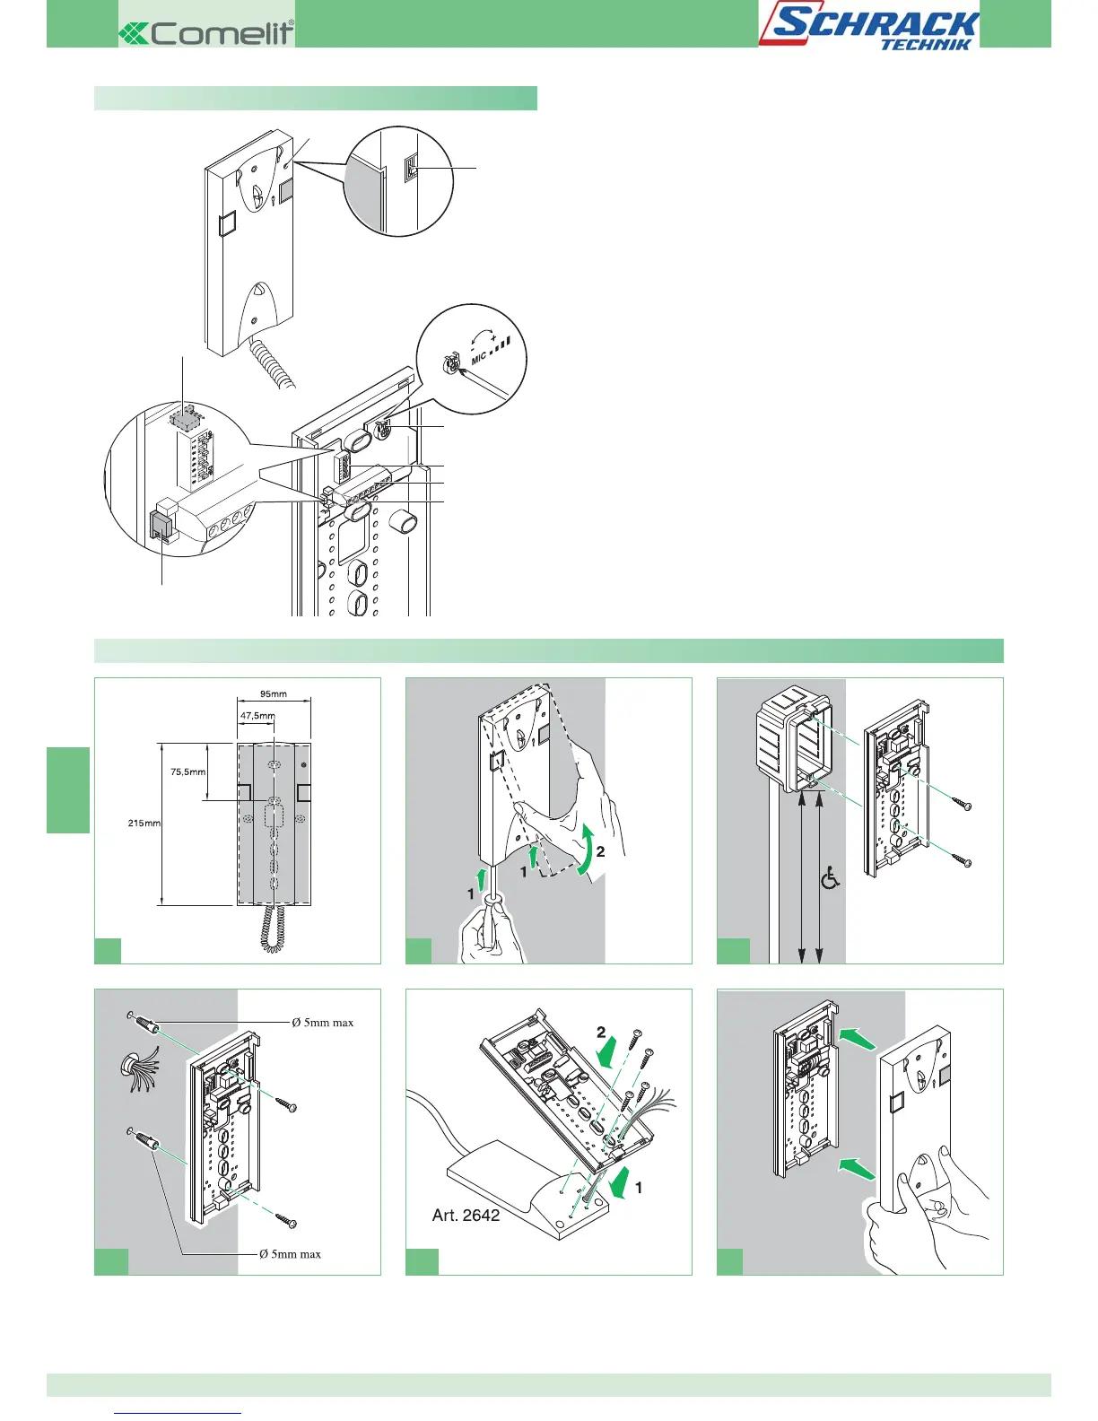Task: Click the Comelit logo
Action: coord(207,33)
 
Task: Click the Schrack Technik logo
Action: coord(868,27)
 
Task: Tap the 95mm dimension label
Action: coord(273,693)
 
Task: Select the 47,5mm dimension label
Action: coord(257,716)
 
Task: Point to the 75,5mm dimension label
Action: coord(187,771)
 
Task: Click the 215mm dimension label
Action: coord(144,823)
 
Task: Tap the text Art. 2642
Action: coord(466,1216)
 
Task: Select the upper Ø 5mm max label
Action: coord(322,1022)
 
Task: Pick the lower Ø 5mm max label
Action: coord(290,1254)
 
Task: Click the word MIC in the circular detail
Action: coord(478,358)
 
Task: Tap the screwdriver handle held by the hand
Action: coord(492,928)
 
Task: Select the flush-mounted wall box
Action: coord(794,744)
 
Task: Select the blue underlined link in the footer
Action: coord(179,1413)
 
